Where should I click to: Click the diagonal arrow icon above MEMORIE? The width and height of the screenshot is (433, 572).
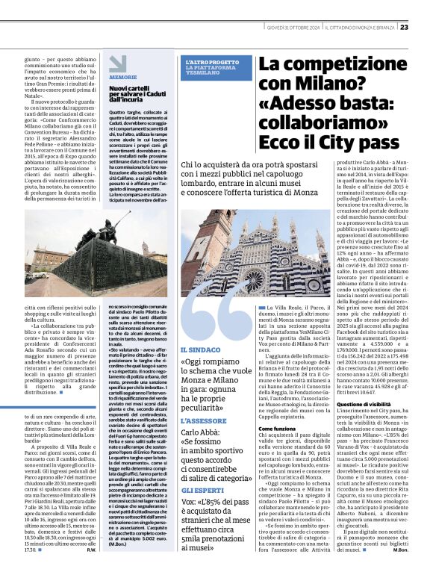(x=117, y=63)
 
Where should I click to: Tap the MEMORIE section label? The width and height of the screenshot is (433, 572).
(x=122, y=77)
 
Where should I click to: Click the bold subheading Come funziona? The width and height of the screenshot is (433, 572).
(x=278, y=429)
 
